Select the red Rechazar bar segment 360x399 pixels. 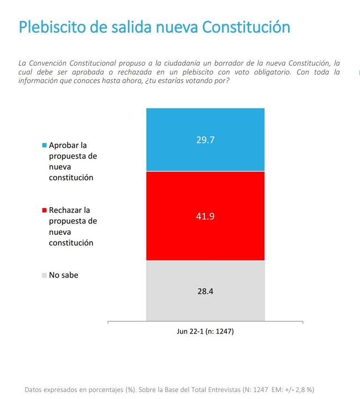(x=205, y=238)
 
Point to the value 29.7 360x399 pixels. (x=205, y=140)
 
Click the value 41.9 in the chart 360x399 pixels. (x=205, y=216)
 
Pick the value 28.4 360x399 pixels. (x=205, y=290)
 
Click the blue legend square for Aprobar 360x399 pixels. (x=44, y=145)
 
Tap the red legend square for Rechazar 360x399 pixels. (x=44, y=211)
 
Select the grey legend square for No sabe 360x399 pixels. (x=44, y=275)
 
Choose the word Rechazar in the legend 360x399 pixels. (x=66, y=211)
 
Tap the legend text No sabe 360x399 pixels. (x=64, y=275)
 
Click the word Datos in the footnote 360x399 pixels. (x=35, y=390)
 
